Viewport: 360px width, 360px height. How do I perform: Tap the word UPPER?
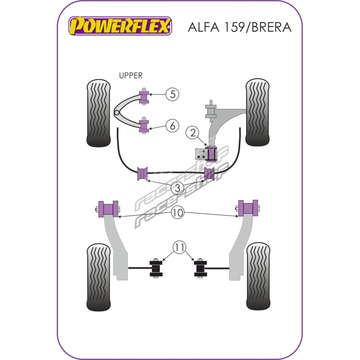pos(130,76)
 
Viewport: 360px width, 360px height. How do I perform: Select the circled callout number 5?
pos(172,94)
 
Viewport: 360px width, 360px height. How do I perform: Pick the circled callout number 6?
pos(172,126)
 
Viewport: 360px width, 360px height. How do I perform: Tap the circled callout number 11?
pos(180,247)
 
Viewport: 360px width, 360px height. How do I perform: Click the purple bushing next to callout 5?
pos(144,97)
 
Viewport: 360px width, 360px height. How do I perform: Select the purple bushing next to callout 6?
pos(144,125)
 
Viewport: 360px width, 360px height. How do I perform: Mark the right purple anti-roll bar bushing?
pos(210,173)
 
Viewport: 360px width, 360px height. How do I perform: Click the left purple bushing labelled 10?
pos(108,208)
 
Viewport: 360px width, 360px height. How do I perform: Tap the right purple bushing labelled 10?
pos(247,208)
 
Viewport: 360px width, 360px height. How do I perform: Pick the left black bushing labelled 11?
pos(155,268)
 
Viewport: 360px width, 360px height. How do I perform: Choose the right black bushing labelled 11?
pos(200,268)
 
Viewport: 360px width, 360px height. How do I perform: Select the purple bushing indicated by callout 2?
pos(210,154)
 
